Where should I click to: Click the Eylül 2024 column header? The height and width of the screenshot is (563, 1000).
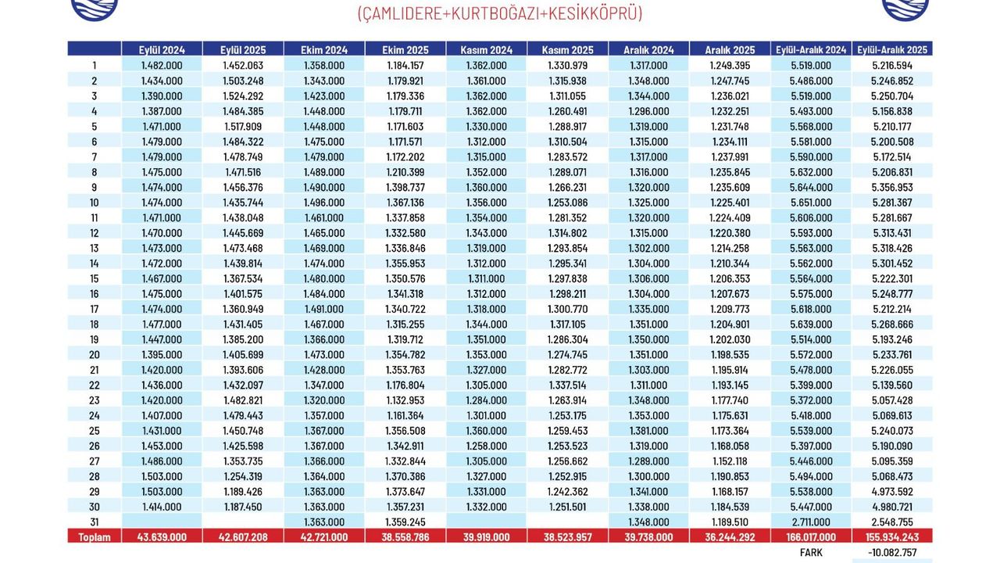pyautogui.click(x=162, y=49)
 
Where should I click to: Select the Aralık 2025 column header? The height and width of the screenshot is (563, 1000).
pyautogui.click(x=730, y=49)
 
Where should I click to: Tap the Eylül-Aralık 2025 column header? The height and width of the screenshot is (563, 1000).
pyautogui.click(x=892, y=49)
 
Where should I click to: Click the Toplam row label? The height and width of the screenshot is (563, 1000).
pyautogui.click(x=95, y=537)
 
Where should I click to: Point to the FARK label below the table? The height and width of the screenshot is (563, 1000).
pyautogui.click(x=811, y=552)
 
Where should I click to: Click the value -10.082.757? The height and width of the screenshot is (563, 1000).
pyautogui.click(x=891, y=552)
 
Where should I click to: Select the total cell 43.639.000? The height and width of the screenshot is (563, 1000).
pyautogui.click(x=162, y=537)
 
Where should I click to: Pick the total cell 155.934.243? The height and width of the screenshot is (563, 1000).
pyautogui.click(x=892, y=537)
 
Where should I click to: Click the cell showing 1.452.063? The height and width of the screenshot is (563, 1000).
pyautogui.click(x=243, y=66)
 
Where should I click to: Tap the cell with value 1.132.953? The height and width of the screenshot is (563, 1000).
pyautogui.click(x=405, y=400)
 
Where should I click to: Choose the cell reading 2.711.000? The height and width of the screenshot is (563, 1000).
pyautogui.click(x=811, y=522)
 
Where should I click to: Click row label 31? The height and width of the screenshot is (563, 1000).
pyautogui.click(x=95, y=522)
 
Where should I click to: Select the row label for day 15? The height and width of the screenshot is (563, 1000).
pyautogui.click(x=95, y=278)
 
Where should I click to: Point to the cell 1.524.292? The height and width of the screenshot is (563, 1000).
pyautogui.click(x=243, y=96)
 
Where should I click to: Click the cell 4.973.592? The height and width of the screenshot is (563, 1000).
pyautogui.click(x=892, y=492)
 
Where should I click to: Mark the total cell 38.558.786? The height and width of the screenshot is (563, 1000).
pyautogui.click(x=405, y=537)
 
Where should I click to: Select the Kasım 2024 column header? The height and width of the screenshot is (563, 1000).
pyautogui.click(x=487, y=49)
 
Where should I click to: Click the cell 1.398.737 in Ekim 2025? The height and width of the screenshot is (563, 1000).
pyautogui.click(x=405, y=188)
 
